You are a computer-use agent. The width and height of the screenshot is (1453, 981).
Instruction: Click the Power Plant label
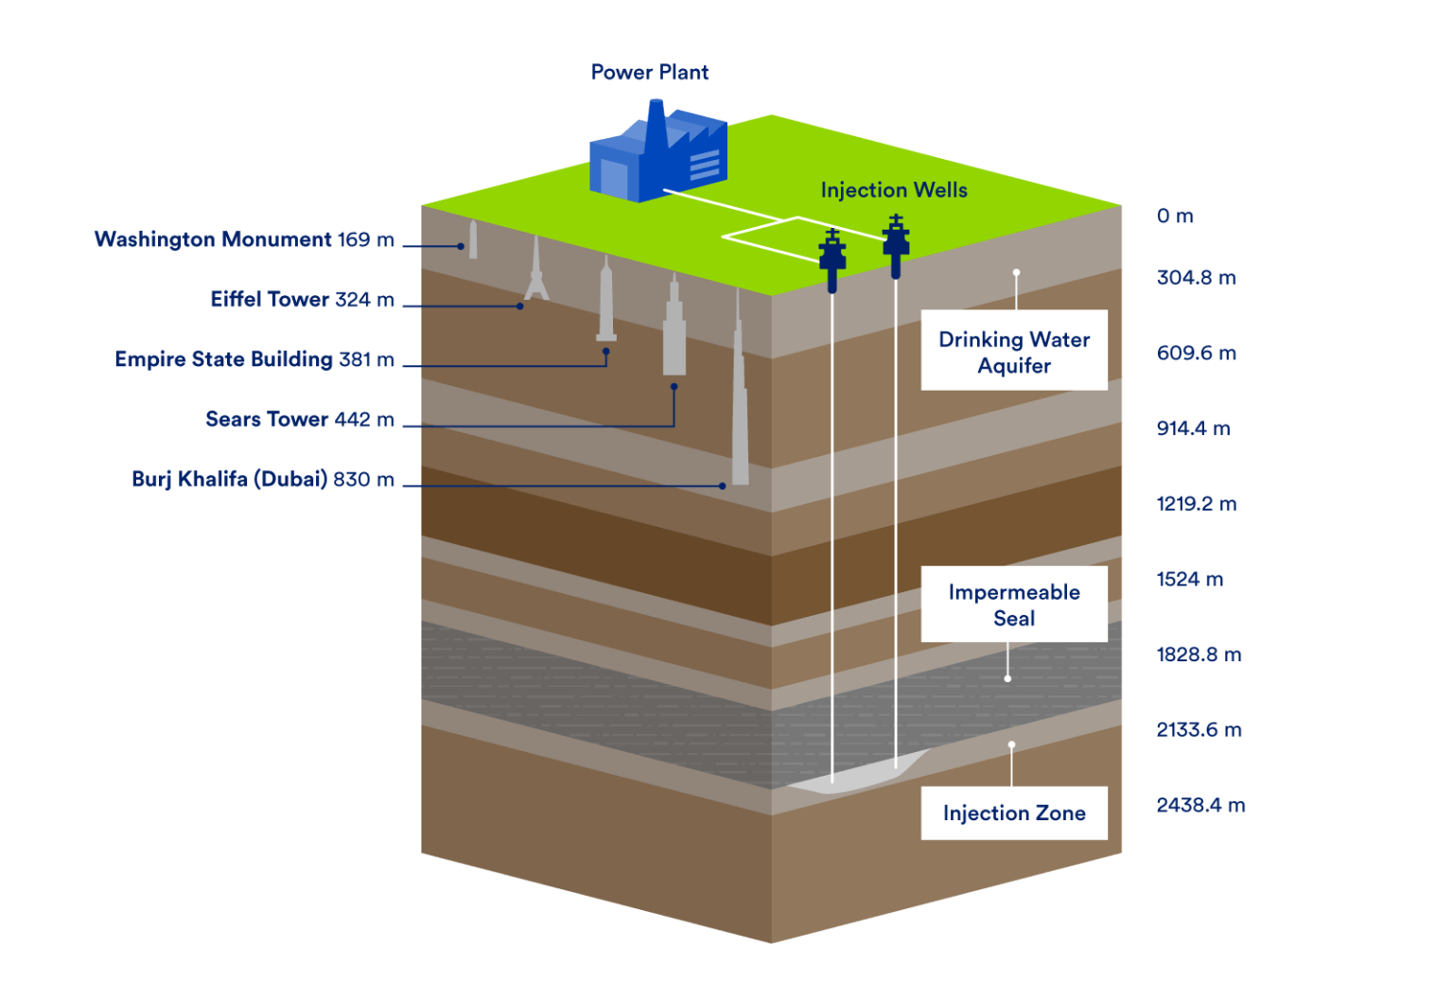click(x=649, y=73)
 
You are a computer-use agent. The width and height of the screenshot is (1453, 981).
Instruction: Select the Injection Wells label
click(x=894, y=190)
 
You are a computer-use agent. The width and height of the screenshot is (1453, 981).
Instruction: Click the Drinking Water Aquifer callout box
click(x=1014, y=351)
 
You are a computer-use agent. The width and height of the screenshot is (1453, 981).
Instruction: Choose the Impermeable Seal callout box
click(x=1014, y=604)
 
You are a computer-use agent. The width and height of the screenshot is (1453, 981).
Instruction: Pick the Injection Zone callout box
click(x=1014, y=813)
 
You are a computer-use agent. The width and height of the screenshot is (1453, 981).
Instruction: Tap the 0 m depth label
click(x=1175, y=216)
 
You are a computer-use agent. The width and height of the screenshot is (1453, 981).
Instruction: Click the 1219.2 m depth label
click(x=1196, y=503)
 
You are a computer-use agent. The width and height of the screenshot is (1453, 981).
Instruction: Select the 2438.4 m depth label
click(x=1200, y=805)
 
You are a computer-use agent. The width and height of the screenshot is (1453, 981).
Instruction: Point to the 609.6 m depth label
click(x=1196, y=353)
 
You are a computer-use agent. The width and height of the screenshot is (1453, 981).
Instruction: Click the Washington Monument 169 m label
click(x=244, y=239)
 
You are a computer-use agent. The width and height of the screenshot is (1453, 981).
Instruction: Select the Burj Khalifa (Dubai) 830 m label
click(x=263, y=479)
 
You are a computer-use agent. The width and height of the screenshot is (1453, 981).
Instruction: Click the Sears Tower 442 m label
click(x=299, y=419)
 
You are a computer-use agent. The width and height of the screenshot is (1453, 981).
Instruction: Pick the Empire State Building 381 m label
click(x=254, y=359)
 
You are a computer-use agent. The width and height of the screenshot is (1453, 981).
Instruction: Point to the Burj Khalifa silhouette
click(x=740, y=416)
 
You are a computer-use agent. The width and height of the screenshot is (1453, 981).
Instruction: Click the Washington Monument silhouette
click(x=473, y=240)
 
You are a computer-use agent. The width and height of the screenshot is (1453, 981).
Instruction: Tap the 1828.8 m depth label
click(x=1199, y=655)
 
